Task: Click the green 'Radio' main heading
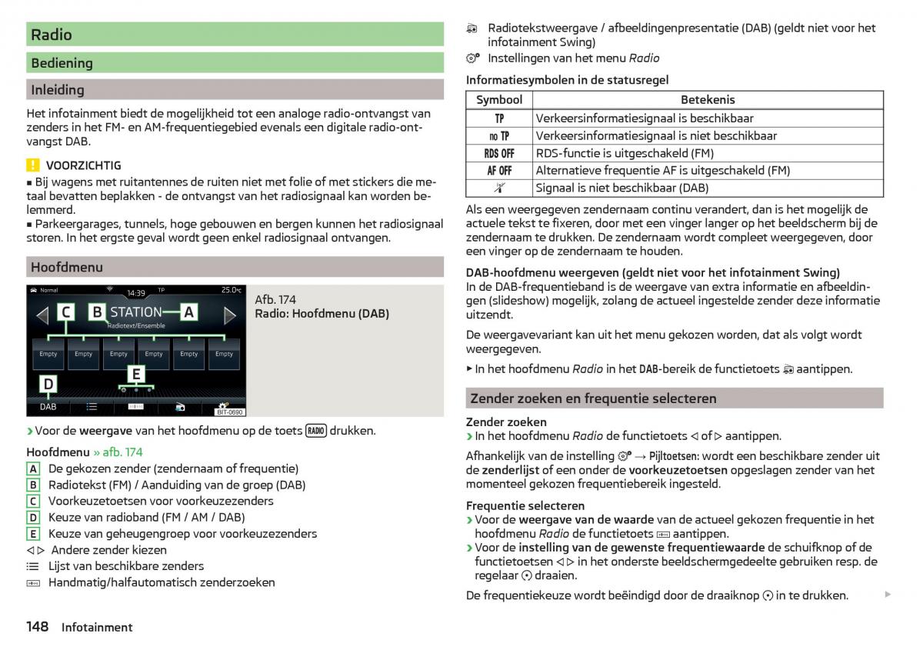[x=52, y=35]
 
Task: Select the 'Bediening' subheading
[x=62, y=63]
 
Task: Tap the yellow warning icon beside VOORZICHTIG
[x=32, y=165]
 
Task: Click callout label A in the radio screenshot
[x=189, y=312]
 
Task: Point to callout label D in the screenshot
[x=48, y=384]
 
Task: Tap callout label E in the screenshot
[x=136, y=374]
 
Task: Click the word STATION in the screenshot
[x=136, y=312]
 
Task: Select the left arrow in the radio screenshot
[x=42, y=315]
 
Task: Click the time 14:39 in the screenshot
[x=136, y=292]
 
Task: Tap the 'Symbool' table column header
[x=499, y=100]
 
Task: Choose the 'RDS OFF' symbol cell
[x=499, y=153]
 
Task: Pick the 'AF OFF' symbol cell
[x=499, y=171]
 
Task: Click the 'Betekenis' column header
[x=708, y=100]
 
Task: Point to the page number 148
[x=38, y=627]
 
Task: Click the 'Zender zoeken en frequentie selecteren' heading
[x=593, y=398]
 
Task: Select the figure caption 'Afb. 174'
[x=275, y=299]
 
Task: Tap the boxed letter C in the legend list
[x=33, y=502]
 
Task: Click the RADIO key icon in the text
[x=316, y=431]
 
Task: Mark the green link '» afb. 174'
[x=118, y=452]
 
